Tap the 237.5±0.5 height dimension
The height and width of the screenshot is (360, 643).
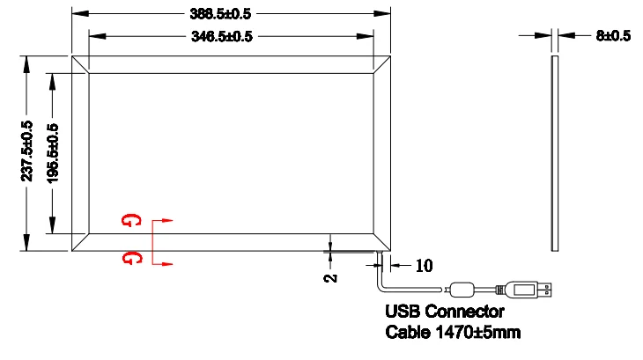[x=27, y=151]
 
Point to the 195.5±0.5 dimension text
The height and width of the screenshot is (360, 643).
[x=53, y=151]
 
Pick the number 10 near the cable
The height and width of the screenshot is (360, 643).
[x=423, y=266]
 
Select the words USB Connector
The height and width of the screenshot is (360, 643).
[x=445, y=312]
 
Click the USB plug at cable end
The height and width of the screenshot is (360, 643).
[x=528, y=289]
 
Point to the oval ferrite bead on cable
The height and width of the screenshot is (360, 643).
[x=464, y=289]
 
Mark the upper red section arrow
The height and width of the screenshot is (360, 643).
[x=166, y=221]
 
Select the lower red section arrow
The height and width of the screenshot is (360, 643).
[x=166, y=263]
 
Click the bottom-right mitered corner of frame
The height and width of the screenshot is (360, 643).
[x=381, y=242]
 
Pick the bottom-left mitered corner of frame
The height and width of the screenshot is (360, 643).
[x=78, y=242]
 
